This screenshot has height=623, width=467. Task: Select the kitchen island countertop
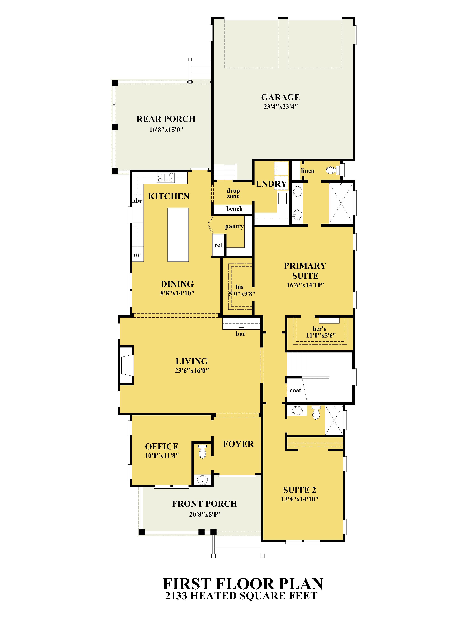pyautogui.click(x=178, y=235)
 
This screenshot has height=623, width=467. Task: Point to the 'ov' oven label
pyautogui.click(x=137, y=255)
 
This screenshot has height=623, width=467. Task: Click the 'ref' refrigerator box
pyautogui.click(x=218, y=245)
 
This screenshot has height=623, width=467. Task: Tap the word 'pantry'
pyautogui.click(x=234, y=226)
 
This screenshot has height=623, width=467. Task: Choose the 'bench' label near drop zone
pyautogui.click(x=234, y=209)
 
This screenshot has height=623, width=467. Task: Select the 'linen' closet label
pyautogui.click(x=308, y=171)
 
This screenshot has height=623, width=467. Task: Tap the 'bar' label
pyautogui.click(x=241, y=334)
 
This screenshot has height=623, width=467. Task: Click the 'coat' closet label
pyautogui.click(x=295, y=390)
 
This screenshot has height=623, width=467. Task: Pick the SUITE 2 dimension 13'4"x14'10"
pyautogui.click(x=300, y=499)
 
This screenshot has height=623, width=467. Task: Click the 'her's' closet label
pyautogui.click(x=319, y=329)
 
